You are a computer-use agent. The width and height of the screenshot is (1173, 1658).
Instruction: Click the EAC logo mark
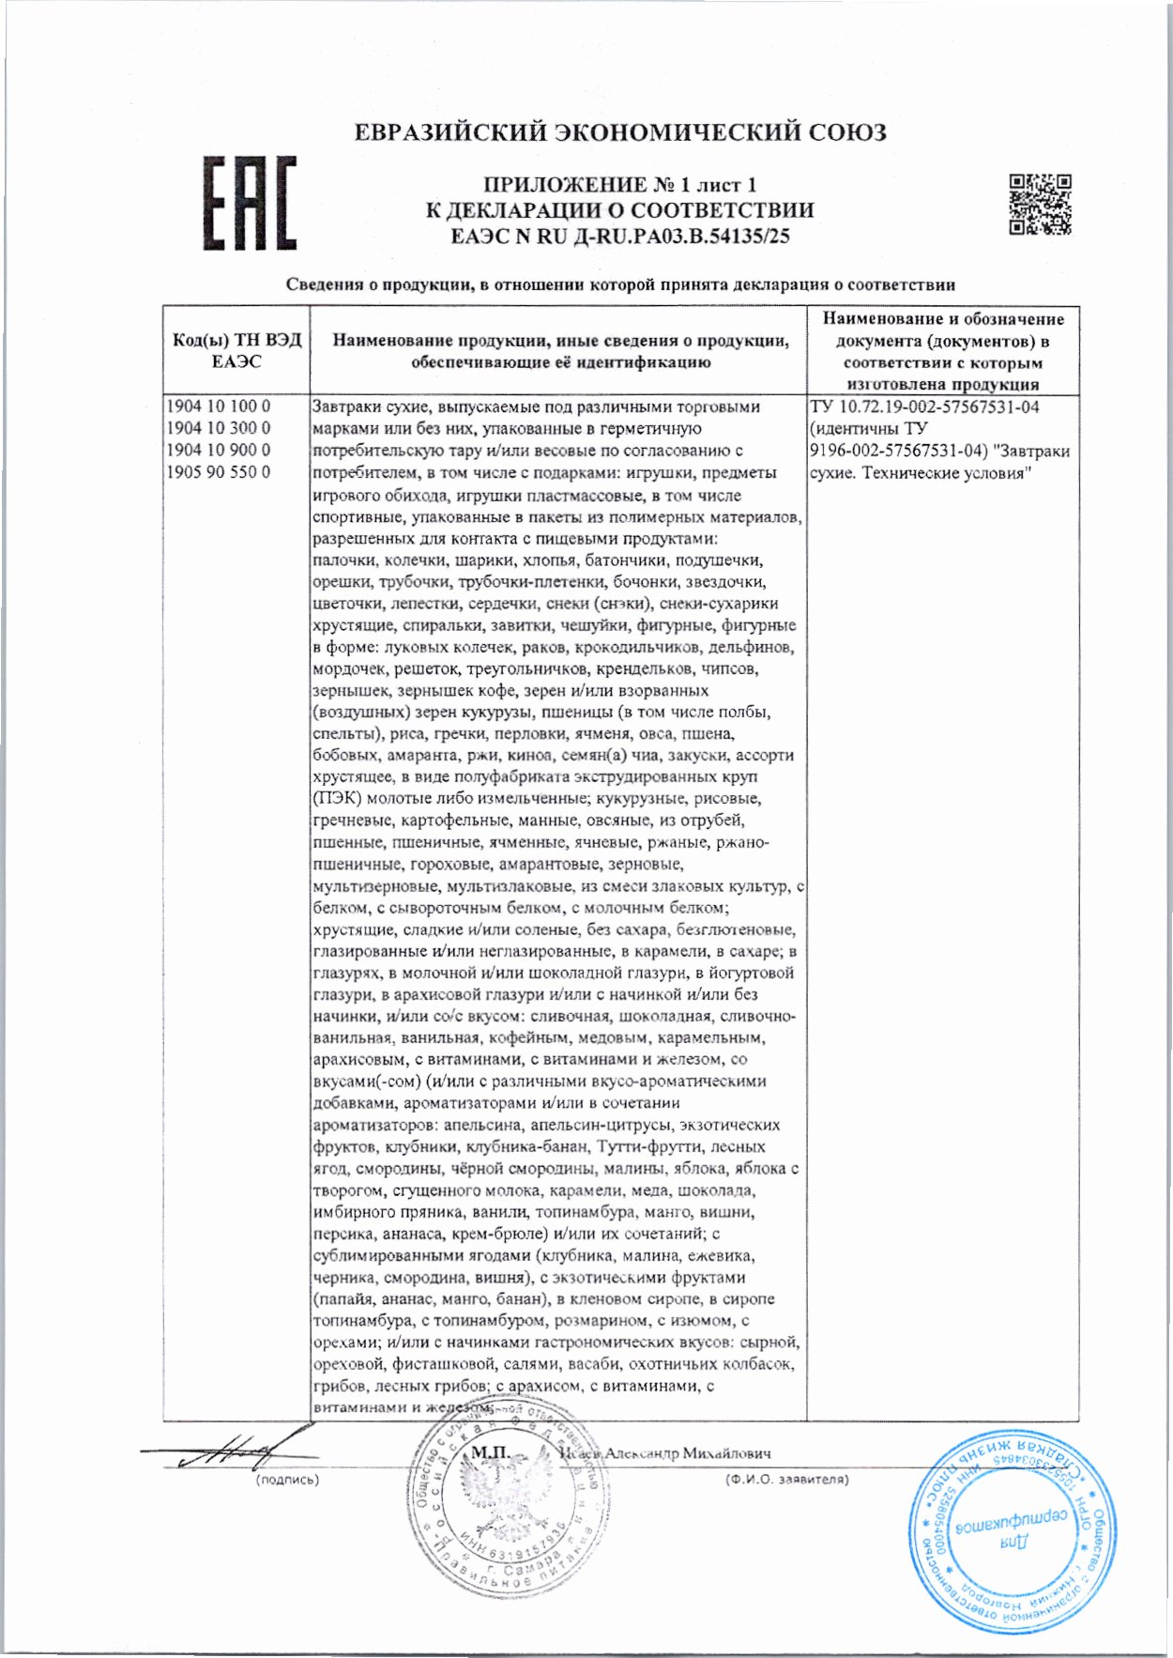click(251, 204)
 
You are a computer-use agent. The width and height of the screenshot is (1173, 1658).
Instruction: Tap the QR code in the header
click(1040, 205)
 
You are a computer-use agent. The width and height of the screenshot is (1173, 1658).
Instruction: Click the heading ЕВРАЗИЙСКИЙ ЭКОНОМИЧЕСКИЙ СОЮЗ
click(619, 132)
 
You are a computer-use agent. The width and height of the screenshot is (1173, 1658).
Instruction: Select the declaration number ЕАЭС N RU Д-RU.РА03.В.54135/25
click(620, 237)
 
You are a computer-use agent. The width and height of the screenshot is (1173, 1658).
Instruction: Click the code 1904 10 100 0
click(219, 407)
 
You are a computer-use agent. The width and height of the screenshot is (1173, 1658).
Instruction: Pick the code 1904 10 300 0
click(219, 428)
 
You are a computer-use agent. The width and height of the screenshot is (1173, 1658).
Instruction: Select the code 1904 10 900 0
click(219, 450)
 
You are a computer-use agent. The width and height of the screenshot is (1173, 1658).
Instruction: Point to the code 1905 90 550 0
click(219, 472)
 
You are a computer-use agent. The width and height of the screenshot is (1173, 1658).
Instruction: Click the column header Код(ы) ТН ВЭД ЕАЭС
click(236, 350)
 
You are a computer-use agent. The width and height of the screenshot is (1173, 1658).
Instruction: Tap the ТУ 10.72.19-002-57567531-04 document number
click(924, 407)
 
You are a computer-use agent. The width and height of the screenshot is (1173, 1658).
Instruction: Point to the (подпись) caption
click(287, 1480)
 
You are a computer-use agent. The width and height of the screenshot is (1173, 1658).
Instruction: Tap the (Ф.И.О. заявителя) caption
click(786, 1480)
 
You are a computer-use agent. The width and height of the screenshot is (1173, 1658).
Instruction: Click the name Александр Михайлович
click(687, 1452)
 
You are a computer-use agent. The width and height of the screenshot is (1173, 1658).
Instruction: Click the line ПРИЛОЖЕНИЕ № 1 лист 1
click(619, 185)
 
